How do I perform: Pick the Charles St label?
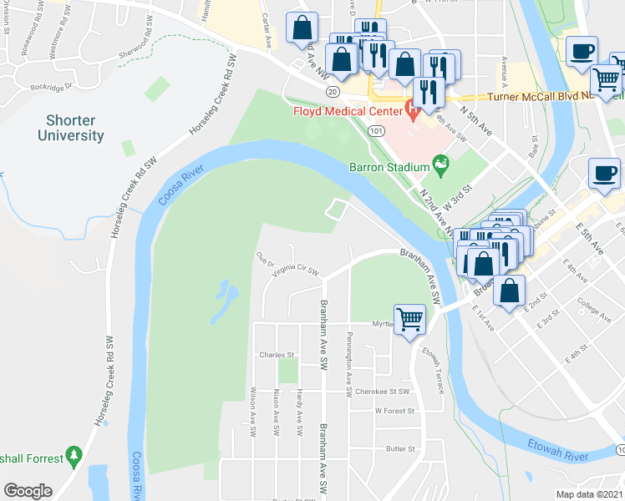pyautogui.click(x=277, y=354)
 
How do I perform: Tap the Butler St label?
pyautogui.click(x=401, y=448)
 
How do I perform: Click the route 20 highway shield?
pyautogui.click(x=333, y=91)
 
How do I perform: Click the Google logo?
pyautogui.click(x=28, y=491)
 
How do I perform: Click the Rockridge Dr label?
pyautogui.click(x=52, y=86)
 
